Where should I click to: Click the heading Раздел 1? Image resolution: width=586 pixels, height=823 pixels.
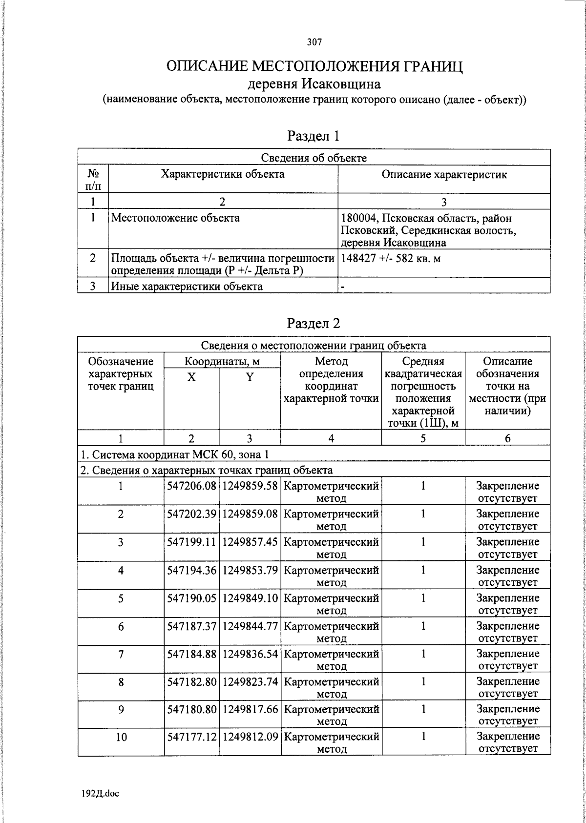click(314, 136)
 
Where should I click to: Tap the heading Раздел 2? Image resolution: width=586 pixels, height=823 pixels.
click(314, 323)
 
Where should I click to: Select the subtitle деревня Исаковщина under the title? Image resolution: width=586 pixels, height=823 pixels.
click(314, 84)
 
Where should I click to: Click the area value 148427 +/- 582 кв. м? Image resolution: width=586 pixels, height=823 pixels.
click(390, 258)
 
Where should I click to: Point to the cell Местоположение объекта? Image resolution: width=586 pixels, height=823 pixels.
click(176, 218)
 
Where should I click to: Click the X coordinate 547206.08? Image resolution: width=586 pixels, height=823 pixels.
click(191, 486)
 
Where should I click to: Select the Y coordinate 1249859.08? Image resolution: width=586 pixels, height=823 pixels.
click(250, 514)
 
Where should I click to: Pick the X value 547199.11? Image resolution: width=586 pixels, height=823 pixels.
click(191, 542)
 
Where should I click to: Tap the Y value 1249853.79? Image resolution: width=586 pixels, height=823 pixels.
click(250, 570)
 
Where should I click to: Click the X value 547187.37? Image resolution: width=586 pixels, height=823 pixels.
click(191, 626)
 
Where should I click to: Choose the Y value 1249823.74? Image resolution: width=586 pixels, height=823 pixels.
click(250, 681)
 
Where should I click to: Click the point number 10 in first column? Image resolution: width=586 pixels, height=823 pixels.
click(121, 737)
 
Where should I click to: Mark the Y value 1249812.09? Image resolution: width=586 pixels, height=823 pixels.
click(250, 737)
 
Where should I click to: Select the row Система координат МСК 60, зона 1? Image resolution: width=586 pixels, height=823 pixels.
click(175, 454)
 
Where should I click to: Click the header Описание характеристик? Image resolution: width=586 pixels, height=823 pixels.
click(444, 174)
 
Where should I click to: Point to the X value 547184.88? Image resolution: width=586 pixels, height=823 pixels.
click(191, 654)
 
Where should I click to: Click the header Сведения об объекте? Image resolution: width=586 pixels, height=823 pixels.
click(314, 158)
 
